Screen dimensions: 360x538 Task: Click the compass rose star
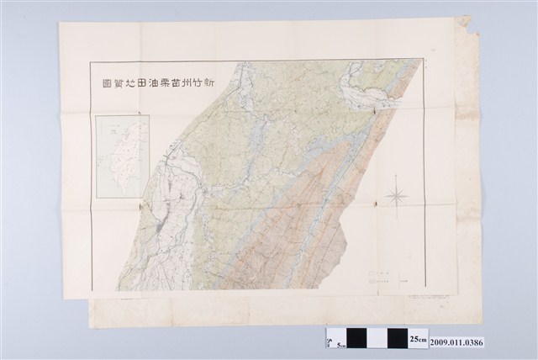pos(397,196)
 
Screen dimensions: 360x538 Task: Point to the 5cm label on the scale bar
pos(342,343)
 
